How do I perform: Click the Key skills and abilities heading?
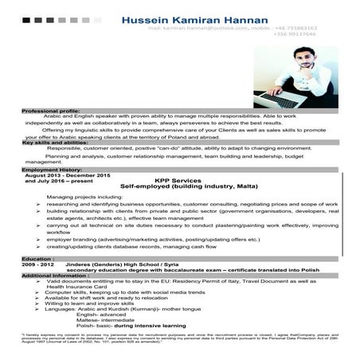(x=55, y=142)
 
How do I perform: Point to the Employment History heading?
(x=52, y=169)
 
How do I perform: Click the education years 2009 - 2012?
(x=39, y=264)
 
